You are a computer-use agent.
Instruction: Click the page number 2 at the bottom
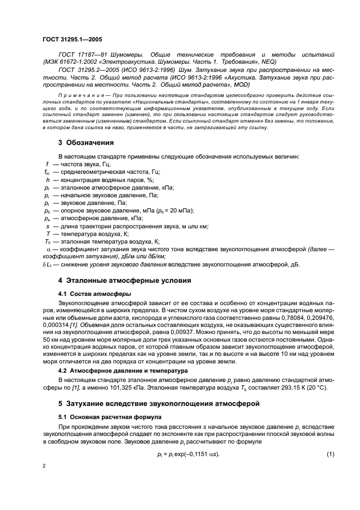(x=44, y=466)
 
